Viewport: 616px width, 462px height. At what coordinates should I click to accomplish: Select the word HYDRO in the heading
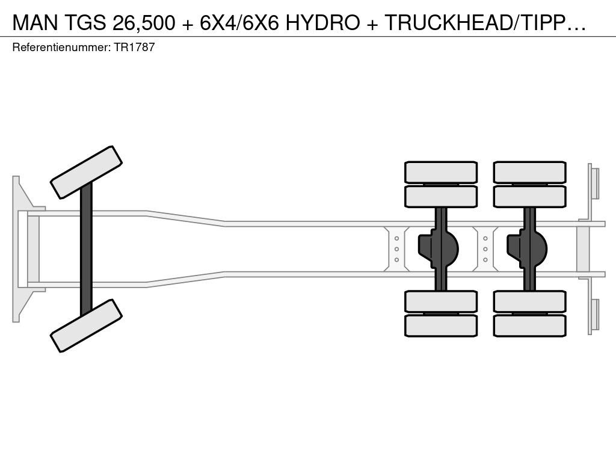pyautogui.click(x=322, y=22)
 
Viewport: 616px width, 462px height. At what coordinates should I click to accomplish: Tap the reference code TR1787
pyautogui.click(x=134, y=47)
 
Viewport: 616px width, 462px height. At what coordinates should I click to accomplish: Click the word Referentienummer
pyautogui.click(x=61, y=47)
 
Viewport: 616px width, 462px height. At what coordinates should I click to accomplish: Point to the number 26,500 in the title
pyautogui.click(x=143, y=23)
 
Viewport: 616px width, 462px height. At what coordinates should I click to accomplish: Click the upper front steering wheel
pyautogui.click(x=86, y=173)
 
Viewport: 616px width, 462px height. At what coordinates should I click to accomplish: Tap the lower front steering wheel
pyautogui.click(x=86, y=325)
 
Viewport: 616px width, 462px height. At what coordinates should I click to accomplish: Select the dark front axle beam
pyautogui.click(x=86, y=249)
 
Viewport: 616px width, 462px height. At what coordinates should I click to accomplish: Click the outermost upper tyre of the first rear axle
pyautogui.click(x=441, y=172)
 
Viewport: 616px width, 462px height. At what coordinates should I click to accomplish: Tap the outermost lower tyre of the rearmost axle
pyautogui.click(x=529, y=325)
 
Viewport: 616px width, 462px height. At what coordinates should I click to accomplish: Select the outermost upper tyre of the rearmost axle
pyautogui.click(x=529, y=172)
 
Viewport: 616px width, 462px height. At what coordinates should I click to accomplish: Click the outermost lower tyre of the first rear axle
pyautogui.click(x=441, y=325)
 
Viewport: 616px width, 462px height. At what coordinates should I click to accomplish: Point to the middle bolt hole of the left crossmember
pyautogui.click(x=396, y=249)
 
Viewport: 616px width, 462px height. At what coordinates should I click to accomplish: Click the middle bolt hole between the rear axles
pyautogui.click(x=485, y=249)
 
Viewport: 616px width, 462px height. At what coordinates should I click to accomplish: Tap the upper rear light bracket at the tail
pyautogui.click(x=594, y=183)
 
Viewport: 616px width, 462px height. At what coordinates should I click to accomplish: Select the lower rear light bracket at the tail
pyautogui.click(x=594, y=315)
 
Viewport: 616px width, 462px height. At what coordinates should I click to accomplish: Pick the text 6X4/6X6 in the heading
pyautogui.click(x=239, y=22)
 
